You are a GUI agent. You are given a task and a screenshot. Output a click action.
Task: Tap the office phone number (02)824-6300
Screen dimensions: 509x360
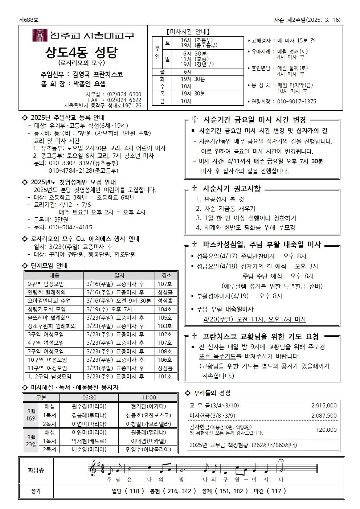click(x=124, y=94)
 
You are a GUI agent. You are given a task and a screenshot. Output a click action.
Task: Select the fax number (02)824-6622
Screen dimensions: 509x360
click(x=124, y=100)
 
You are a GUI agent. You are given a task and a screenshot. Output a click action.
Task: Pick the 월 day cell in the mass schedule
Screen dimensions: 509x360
click(x=162, y=72)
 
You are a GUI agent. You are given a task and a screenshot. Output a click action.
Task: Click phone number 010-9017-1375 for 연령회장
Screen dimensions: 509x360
click(x=296, y=102)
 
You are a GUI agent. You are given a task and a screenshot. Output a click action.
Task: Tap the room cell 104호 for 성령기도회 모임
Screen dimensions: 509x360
click(x=165, y=309)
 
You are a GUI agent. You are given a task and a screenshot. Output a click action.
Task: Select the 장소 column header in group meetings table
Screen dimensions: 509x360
click(x=167, y=276)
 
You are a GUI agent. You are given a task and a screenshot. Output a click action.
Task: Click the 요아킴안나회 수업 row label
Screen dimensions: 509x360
click(x=49, y=301)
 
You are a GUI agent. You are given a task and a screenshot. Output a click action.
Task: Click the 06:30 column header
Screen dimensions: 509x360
click(x=89, y=398)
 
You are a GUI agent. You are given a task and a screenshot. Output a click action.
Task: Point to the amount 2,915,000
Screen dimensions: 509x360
click(x=324, y=406)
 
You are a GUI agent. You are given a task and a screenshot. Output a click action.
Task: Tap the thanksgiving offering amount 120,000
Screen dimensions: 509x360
click(x=326, y=430)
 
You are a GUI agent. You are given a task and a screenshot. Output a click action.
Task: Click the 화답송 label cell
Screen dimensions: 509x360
click(x=36, y=471)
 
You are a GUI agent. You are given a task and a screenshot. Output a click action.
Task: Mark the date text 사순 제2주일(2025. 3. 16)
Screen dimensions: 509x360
click(x=307, y=20)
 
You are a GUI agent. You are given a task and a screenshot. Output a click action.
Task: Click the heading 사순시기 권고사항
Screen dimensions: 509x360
click(x=232, y=189)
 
